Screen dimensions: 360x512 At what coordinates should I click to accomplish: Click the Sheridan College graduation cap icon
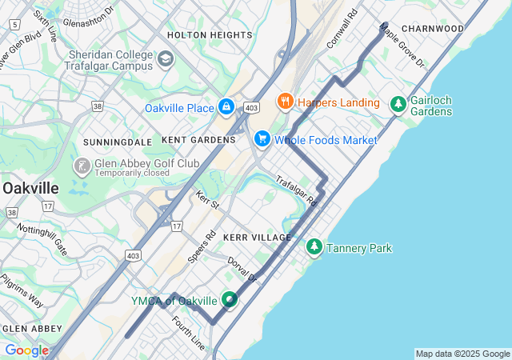tap(166, 58)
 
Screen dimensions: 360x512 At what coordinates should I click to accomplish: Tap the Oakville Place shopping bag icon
tap(226, 107)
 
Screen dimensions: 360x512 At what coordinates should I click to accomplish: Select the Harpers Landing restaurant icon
tap(285, 102)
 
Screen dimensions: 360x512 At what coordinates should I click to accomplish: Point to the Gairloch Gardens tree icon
tap(398, 105)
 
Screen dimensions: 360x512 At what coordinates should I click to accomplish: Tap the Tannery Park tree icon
tap(314, 248)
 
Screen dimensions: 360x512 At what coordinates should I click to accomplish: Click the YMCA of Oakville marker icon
tap(230, 300)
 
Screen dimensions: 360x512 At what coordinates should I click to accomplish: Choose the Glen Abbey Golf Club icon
tap(82, 166)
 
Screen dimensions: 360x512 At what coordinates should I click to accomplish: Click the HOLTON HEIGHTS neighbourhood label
tap(210, 35)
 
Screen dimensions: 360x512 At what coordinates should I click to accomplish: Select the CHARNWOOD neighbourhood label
tap(433, 29)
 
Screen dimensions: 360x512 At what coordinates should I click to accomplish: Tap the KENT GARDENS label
tap(198, 140)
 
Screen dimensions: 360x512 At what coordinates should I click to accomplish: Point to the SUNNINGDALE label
tap(118, 142)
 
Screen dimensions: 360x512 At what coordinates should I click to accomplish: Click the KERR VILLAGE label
tap(258, 238)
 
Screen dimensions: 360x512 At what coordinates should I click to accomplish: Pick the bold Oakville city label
tap(30, 187)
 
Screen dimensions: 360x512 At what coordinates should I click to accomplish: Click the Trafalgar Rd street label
tap(296, 192)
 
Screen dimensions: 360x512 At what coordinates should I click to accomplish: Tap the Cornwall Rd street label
tap(342, 30)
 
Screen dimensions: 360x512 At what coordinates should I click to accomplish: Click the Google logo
tap(26, 350)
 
